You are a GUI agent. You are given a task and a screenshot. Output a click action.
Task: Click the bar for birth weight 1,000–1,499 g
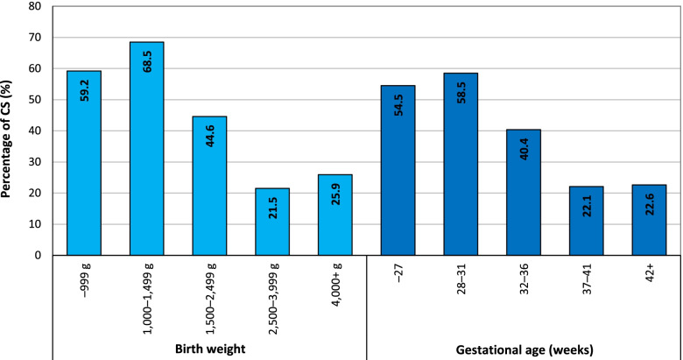[x=146, y=149]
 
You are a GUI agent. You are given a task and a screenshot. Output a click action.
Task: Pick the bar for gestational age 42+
[x=649, y=220]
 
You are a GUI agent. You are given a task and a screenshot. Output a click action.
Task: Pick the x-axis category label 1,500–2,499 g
[x=210, y=293]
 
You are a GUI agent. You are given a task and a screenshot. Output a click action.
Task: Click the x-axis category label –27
[x=398, y=272]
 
